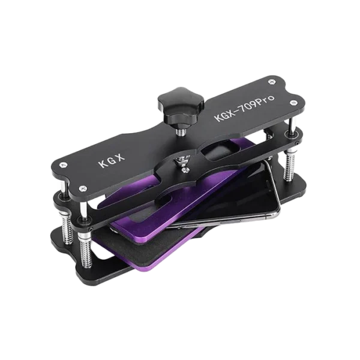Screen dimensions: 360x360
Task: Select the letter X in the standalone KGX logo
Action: [x=121, y=157]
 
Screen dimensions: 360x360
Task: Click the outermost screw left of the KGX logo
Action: [x=63, y=164]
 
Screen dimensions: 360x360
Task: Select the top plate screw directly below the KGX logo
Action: [x=82, y=188]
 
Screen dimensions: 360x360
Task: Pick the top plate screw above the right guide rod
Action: [x=293, y=103]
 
